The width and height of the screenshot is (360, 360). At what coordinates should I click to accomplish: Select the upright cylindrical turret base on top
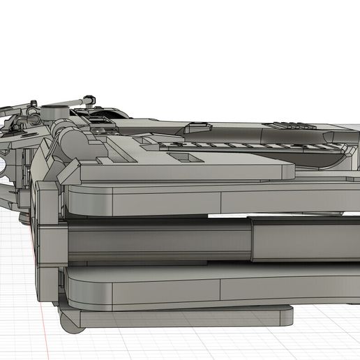[54, 112]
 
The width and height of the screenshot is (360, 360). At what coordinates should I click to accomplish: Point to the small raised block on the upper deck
[198, 126]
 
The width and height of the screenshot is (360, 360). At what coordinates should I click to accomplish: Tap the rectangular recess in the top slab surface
[186, 159]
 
